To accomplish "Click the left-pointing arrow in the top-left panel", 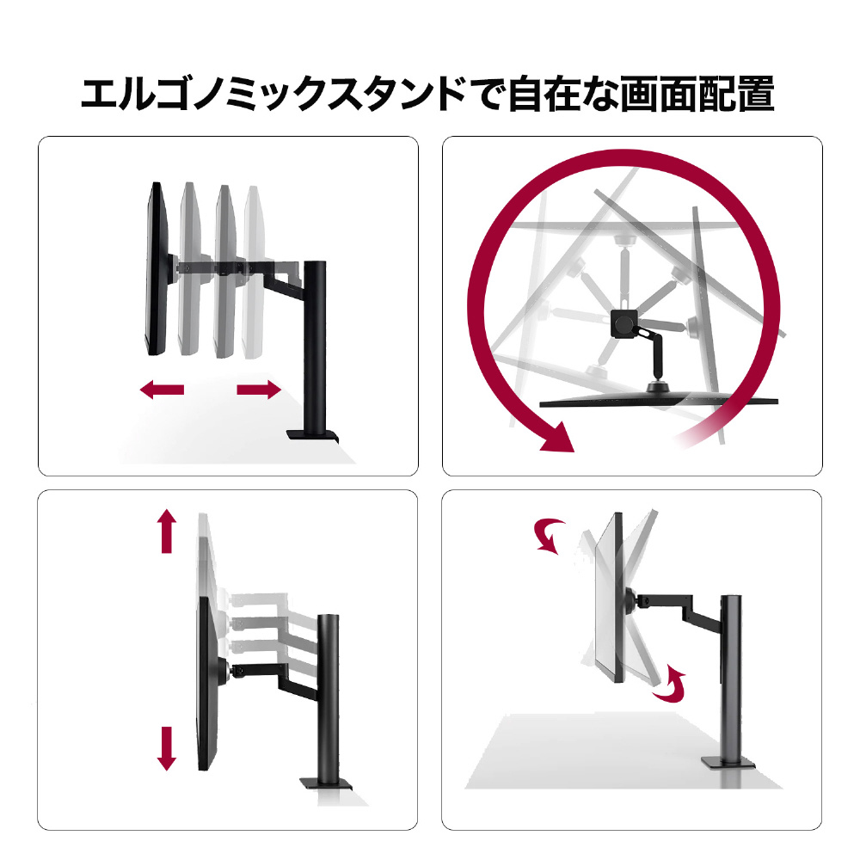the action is (163, 390).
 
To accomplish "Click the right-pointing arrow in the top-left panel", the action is (259, 390).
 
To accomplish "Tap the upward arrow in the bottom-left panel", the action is (167, 531).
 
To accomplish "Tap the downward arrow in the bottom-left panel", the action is (167, 749).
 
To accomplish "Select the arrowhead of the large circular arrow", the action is (558, 437).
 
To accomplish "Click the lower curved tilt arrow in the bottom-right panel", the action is (670, 683).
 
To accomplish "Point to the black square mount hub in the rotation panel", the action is (624, 323).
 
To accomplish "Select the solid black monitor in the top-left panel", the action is (157, 268).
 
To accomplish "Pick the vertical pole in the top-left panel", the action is (315, 346).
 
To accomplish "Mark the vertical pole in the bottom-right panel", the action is (730, 676).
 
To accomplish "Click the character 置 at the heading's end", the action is (756, 95).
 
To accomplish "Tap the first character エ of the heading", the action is (100, 95).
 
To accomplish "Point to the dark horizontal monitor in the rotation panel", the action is (658, 402).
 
